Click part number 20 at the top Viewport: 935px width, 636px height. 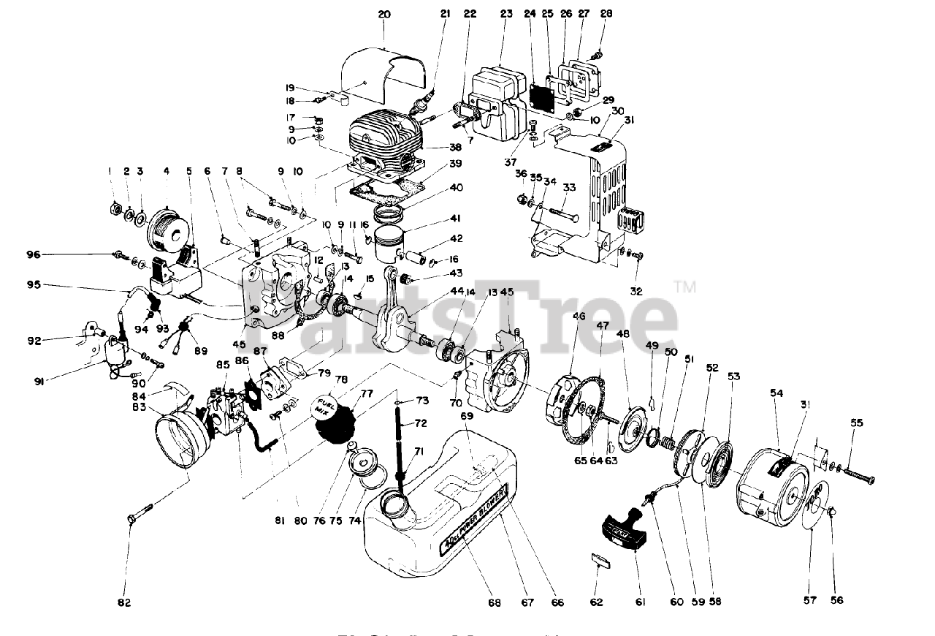(x=385, y=14)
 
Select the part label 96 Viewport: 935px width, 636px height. (x=94, y=254)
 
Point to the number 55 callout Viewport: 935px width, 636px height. (x=857, y=423)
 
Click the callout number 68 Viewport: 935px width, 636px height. (x=495, y=602)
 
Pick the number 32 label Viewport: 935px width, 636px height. (x=636, y=290)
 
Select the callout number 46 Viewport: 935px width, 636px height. (x=579, y=317)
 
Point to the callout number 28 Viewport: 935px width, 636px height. (x=606, y=14)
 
